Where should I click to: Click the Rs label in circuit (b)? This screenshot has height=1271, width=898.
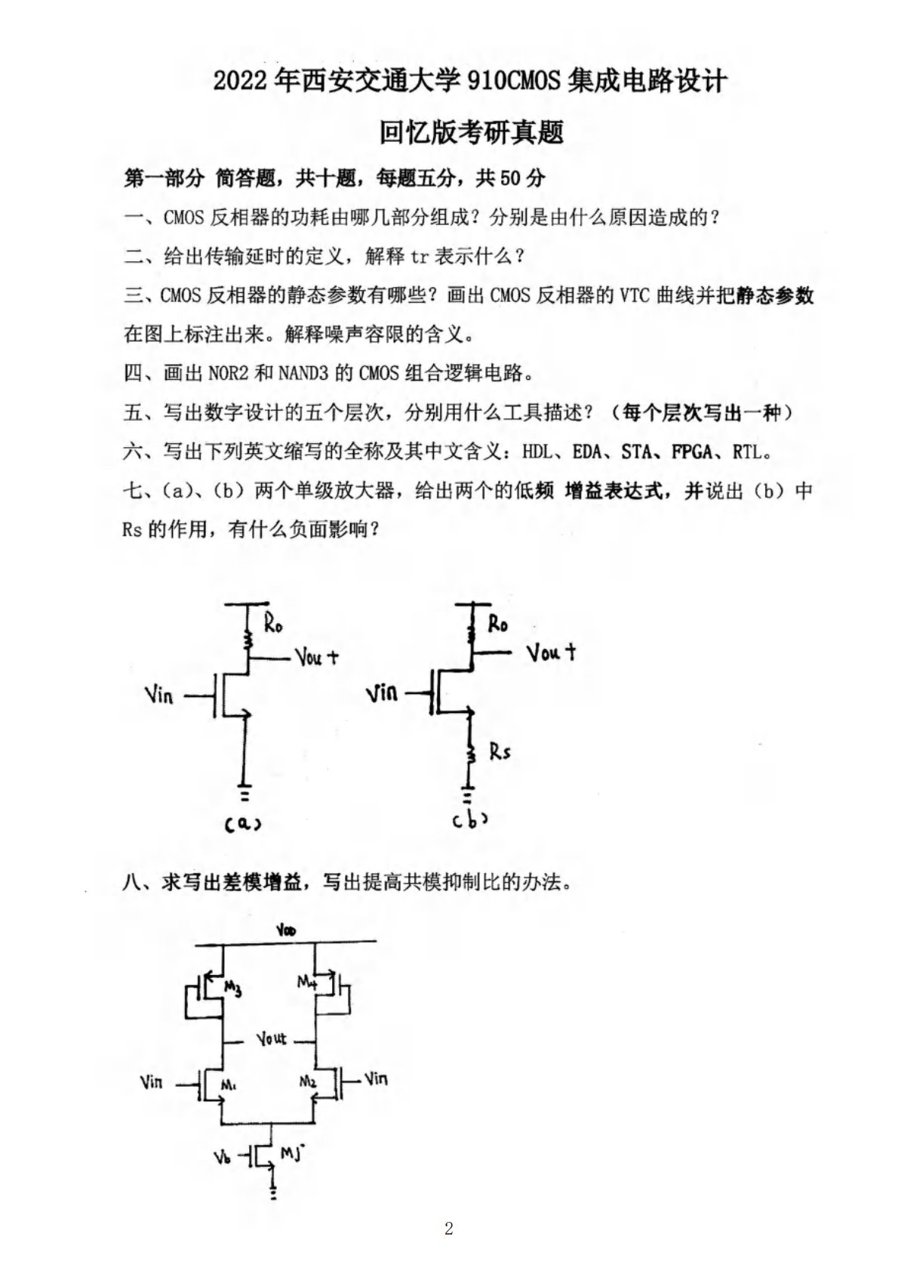click(x=500, y=751)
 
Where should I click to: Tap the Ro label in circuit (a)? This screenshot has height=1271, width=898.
click(x=273, y=625)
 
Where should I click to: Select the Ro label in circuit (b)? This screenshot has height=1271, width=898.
click(x=497, y=624)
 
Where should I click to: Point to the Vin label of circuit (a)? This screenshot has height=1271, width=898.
click(x=158, y=695)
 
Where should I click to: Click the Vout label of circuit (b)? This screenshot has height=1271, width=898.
click(x=552, y=652)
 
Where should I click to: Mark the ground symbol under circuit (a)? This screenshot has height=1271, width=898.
click(x=244, y=795)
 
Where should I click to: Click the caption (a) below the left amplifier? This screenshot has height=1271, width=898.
click(x=243, y=825)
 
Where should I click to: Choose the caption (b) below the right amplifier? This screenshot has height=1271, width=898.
click(x=469, y=820)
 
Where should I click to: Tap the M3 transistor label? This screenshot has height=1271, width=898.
click(x=233, y=988)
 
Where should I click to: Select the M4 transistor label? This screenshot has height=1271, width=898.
click(x=306, y=982)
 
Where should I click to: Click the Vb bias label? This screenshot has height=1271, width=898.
click(x=222, y=1156)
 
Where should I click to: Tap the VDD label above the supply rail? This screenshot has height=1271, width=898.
click(x=286, y=931)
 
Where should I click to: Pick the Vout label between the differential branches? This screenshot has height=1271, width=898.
click(x=271, y=1039)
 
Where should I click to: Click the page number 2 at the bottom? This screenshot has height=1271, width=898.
click(x=449, y=1228)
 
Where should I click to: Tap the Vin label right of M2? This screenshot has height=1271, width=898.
click(x=376, y=1078)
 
